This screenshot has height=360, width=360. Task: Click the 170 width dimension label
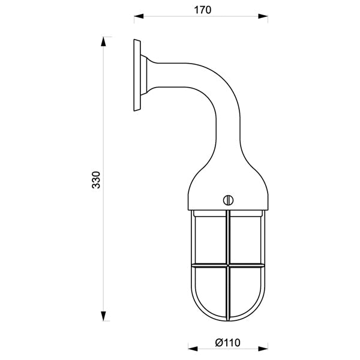[203, 10]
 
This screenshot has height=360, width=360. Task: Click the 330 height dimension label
[96, 180]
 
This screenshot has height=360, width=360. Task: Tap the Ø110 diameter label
[228, 343]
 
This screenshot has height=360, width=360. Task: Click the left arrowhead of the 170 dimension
[139, 16]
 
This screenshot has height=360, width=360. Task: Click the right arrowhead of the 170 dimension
[263, 16]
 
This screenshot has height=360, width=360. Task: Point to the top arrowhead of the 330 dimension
[103, 42]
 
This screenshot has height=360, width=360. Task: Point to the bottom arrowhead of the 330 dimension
[103, 316]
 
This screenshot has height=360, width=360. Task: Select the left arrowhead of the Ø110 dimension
[193, 349]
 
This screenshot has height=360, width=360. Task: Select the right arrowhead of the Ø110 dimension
[263, 349]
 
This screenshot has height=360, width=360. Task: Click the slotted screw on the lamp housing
[228, 200]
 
